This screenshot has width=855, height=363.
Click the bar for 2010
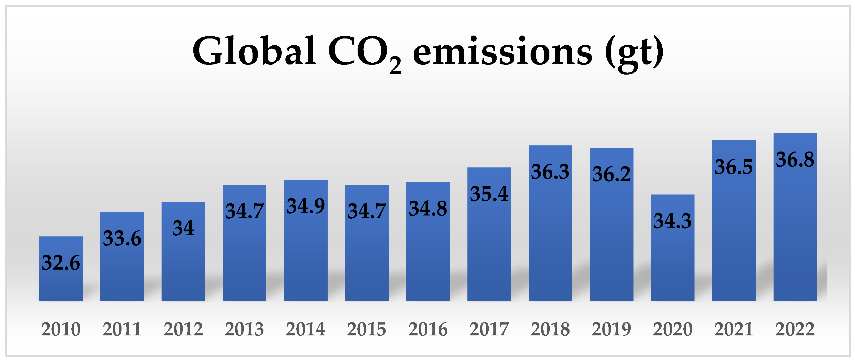61,282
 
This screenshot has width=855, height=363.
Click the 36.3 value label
550,172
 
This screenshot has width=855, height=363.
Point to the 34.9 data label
305,206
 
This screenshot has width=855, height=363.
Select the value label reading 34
183,228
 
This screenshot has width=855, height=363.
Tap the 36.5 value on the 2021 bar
734,167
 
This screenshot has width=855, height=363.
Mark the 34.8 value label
428,209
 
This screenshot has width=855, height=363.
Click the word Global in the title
254,51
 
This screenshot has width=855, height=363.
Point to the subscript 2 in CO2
395,66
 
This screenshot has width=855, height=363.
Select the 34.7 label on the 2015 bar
366,211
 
